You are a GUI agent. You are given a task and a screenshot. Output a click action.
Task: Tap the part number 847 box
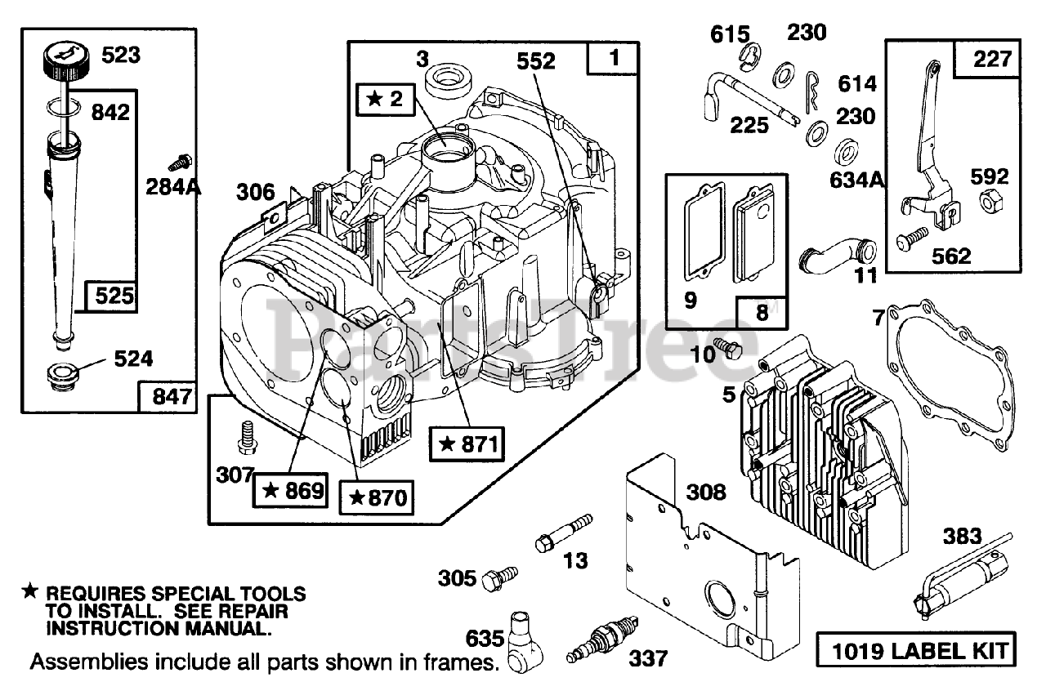pyautogui.click(x=168, y=397)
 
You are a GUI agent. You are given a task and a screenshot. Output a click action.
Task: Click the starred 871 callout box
pyautogui.click(x=467, y=444)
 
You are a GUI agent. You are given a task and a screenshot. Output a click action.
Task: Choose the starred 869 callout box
pyautogui.click(x=290, y=491)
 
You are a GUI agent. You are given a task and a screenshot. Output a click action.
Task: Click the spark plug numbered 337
pyautogui.click(x=602, y=638)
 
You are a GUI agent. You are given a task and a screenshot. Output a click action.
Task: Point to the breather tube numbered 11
pyautogui.click(x=838, y=257)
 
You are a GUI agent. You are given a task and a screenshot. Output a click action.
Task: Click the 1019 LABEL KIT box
pyautogui.click(x=916, y=650)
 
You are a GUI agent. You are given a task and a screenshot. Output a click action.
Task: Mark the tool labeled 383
pyautogui.click(x=962, y=578)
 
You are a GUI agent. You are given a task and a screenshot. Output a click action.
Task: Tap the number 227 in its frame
pyautogui.click(x=991, y=60)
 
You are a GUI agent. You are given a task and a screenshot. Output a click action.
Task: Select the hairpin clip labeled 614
pyautogui.click(x=812, y=91)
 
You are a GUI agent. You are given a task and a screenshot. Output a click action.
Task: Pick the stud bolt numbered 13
pyautogui.click(x=564, y=533)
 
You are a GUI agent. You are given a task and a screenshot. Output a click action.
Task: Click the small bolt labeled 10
pyautogui.click(x=727, y=348)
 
